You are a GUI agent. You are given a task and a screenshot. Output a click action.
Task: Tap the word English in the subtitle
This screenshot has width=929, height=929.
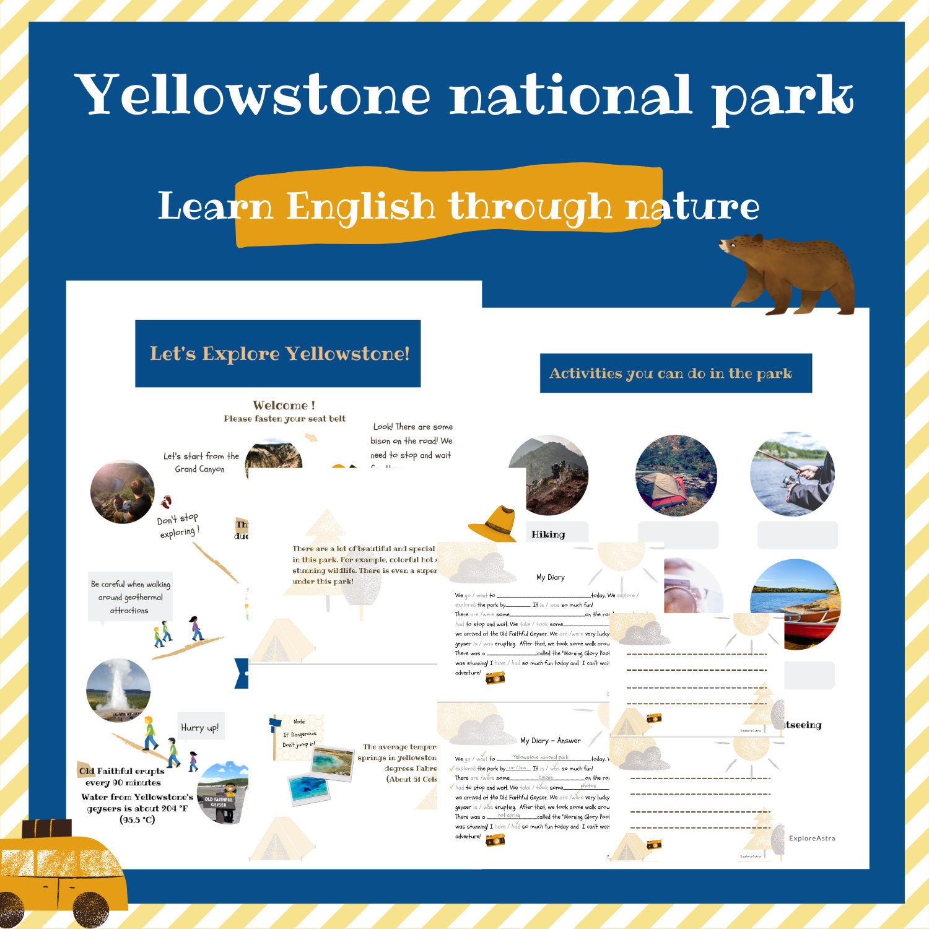click(x=360, y=206)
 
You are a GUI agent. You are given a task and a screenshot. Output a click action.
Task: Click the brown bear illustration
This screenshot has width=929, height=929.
click(x=790, y=273)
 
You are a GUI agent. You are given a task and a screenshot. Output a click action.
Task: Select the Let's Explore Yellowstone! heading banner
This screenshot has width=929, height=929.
click(x=278, y=354)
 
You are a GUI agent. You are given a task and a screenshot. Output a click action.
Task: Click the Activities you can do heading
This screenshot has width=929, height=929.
click(x=675, y=373)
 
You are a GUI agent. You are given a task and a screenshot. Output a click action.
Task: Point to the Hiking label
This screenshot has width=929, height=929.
click(x=548, y=534)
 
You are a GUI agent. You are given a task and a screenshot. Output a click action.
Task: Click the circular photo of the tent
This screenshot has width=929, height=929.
click(x=676, y=476)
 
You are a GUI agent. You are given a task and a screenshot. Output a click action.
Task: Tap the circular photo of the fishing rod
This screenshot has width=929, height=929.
click(x=793, y=474)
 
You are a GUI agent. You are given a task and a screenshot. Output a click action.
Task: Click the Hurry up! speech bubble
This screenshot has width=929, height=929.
click(x=199, y=727)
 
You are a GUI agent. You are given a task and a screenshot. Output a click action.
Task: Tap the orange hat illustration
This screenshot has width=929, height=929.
click(x=494, y=523)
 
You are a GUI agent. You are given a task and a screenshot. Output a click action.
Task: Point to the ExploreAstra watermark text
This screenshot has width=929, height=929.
click(x=812, y=838)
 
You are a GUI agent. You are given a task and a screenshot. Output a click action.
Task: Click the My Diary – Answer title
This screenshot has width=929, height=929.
click(x=550, y=740)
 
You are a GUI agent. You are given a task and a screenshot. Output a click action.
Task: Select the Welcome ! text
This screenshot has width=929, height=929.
click(x=284, y=405)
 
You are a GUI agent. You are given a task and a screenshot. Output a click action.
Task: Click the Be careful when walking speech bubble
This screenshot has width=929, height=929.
click(x=130, y=597)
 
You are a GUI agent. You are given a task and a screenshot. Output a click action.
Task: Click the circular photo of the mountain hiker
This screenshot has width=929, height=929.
click(x=548, y=476)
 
